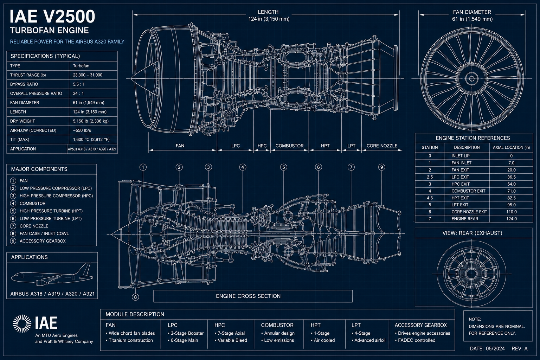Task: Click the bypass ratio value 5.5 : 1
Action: (79, 84)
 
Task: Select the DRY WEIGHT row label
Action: (22, 121)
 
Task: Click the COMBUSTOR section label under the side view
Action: (290, 146)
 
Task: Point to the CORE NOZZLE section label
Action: (382, 146)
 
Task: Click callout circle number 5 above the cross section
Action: (283, 167)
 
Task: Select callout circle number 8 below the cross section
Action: (135, 297)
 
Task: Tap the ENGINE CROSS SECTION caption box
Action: (253, 296)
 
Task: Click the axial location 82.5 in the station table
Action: (511, 198)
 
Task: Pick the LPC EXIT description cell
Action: (460, 177)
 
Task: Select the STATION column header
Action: (430, 147)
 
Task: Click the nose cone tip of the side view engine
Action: (131, 78)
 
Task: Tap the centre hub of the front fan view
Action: (472, 79)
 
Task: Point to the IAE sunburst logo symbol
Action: (22, 323)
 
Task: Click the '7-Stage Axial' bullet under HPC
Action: (230, 333)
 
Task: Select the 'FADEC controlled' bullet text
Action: (415, 340)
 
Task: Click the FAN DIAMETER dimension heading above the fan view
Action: (472, 12)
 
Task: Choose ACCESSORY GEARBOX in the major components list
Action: (43, 241)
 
